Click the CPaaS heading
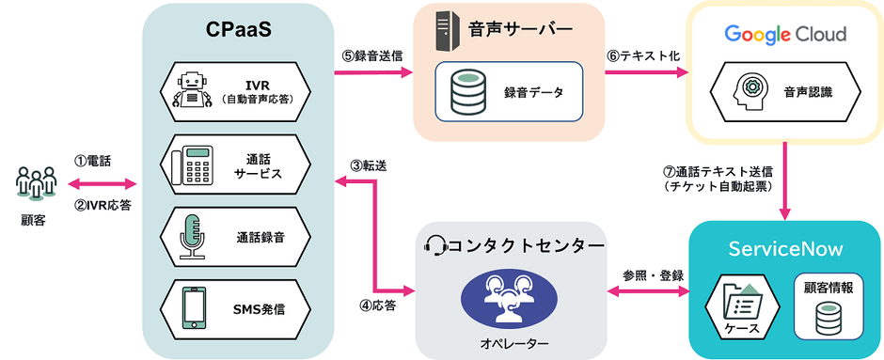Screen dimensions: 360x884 (x=238, y=31)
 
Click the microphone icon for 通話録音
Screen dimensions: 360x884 (x=192, y=236)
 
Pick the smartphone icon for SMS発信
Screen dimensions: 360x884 (x=194, y=307)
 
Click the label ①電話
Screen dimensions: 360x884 (x=92, y=161)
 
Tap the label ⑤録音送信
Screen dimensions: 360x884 (x=371, y=55)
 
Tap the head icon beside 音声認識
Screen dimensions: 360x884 (x=750, y=90)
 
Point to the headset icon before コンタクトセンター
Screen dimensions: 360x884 (x=435, y=246)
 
